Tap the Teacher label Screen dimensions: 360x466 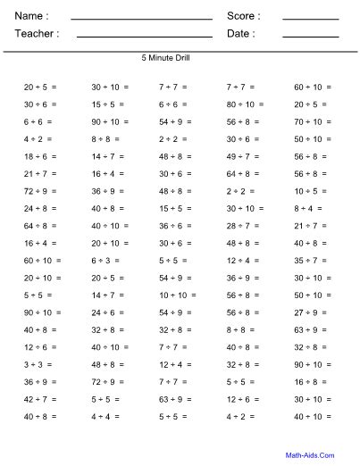tap(37, 33)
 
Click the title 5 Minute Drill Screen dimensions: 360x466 tap(165, 58)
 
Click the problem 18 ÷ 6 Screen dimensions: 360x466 tap(36, 156)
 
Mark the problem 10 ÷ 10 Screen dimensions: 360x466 tap(174, 295)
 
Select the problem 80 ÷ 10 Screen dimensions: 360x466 tap(241, 104)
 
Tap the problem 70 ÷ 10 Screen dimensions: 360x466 tap(308, 121)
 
